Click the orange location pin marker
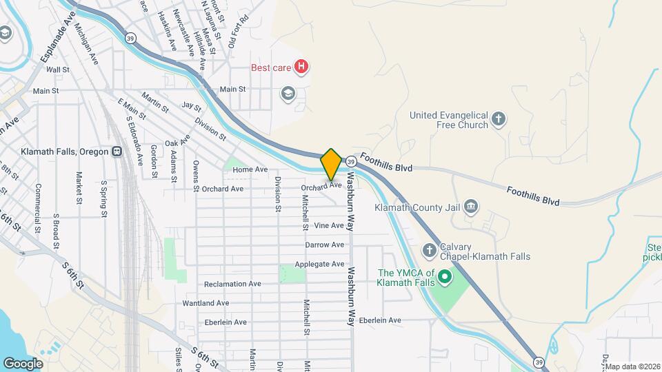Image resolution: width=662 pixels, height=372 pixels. click(x=331, y=164)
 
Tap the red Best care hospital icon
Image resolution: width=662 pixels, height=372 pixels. click(x=301, y=67)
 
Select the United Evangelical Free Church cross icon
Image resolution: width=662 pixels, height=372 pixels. click(x=499, y=121)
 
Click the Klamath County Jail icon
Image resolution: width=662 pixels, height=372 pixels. click(x=471, y=206)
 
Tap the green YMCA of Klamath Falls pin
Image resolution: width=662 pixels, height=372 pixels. click(x=445, y=278)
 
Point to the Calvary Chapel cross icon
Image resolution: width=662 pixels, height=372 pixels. click(x=429, y=251)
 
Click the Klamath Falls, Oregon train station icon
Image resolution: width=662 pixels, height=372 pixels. click(x=117, y=152)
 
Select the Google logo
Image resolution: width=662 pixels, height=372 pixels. click(x=23, y=363)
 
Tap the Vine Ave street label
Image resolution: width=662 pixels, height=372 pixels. click(x=328, y=225)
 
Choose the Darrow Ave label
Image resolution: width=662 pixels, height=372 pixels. click(x=324, y=245)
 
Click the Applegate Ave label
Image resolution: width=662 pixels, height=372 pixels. click(x=319, y=264)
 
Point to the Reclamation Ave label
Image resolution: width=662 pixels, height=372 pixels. click(x=232, y=284)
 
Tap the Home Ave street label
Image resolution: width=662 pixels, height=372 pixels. click(x=250, y=169)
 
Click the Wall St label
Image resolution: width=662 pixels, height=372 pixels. click(x=58, y=70)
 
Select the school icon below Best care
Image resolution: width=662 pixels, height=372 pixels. click(x=288, y=93)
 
